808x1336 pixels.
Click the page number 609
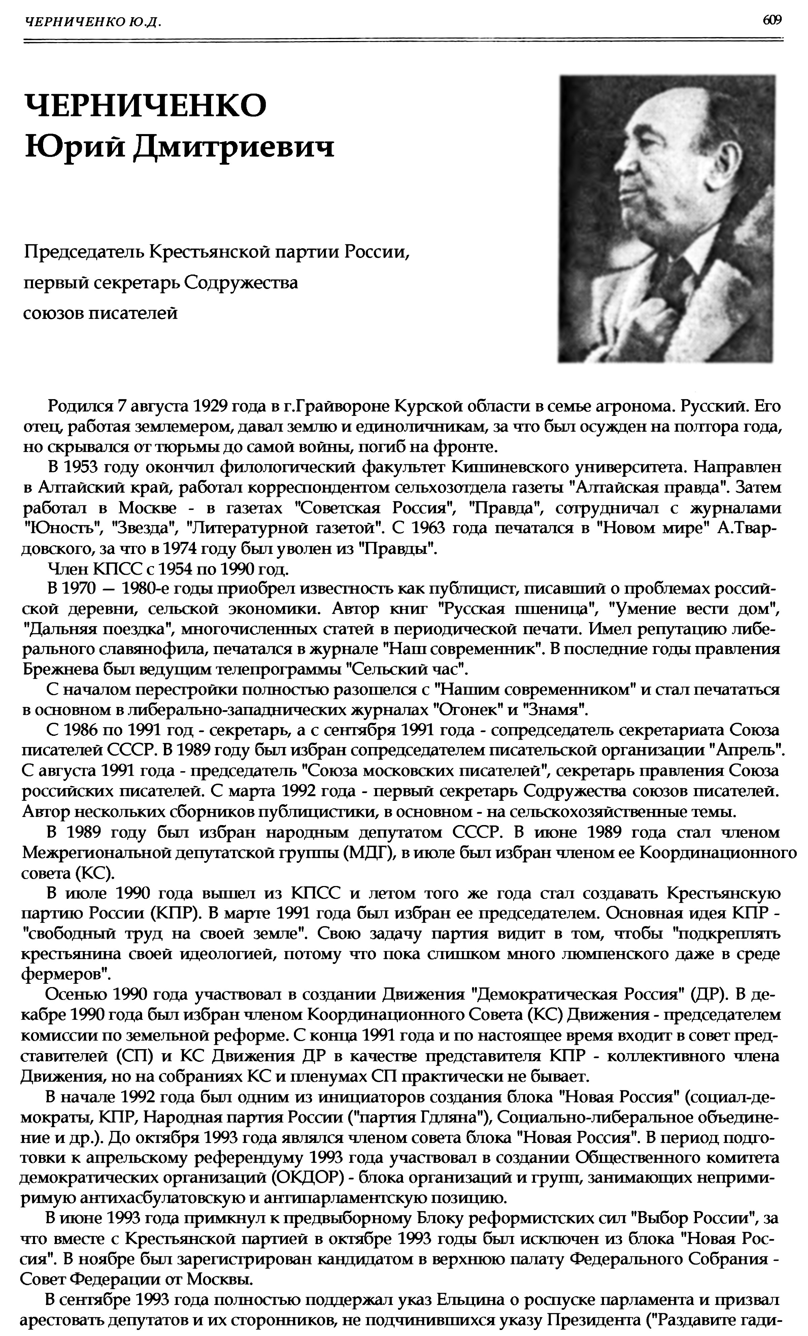coord(772,20)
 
